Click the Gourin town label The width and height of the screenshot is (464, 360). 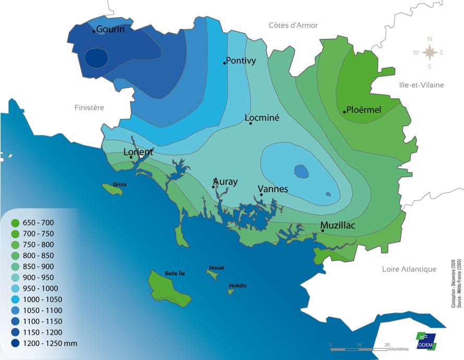click(x=111, y=29)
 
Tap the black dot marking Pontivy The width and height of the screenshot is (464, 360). click(x=224, y=63)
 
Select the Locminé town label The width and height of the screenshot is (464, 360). click(x=262, y=118)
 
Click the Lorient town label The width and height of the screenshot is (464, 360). click(x=138, y=152)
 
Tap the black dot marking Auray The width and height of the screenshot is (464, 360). click(x=213, y=186)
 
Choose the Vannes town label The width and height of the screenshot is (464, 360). click(x=273, y=188)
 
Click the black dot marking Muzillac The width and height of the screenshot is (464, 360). click(x=323, y=230)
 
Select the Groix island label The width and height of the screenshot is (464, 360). click(x=120, y=185)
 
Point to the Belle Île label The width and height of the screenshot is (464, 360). click(x=175, y=273)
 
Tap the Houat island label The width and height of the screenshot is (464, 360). click(x=217, y=268)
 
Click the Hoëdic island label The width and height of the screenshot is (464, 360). click(x=237, y=285)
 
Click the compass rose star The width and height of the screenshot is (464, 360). click(x=430, y=52)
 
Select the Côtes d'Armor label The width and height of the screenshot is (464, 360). click(x=293, y=25)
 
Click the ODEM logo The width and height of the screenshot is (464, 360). click(x=425, y=341)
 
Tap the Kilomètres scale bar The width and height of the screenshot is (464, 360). click(x=359, y=349)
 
